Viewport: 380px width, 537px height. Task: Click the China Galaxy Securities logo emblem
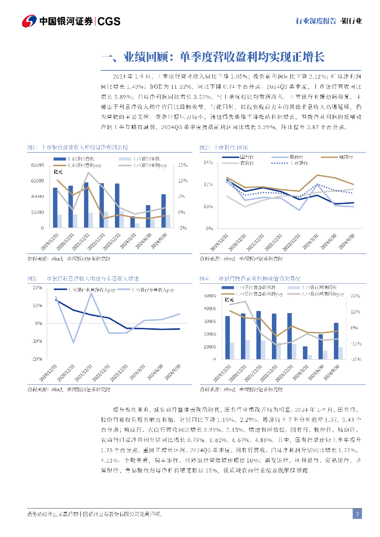[x=28, y=22]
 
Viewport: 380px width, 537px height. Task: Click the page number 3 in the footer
[x=357, y=513]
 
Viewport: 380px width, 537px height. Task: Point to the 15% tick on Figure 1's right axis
[x=183, y=165]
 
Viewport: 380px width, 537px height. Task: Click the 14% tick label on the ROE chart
[x=208, y=163]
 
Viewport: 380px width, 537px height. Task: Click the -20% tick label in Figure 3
[x=37, y=359]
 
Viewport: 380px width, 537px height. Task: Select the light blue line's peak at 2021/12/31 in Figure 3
[x=91, y=293]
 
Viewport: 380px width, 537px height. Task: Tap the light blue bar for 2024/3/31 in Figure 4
[x=310, y=357]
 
